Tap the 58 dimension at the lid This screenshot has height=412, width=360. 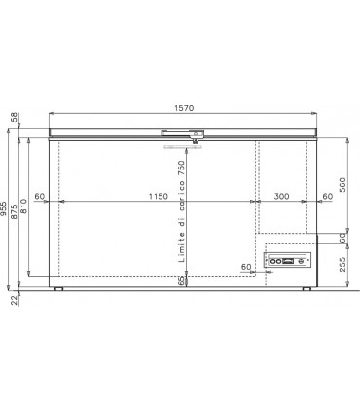(x=14, y=118)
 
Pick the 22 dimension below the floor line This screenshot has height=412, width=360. (x=14, y=301)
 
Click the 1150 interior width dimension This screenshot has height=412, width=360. (x=157, y=197)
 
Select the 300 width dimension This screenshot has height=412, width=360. (x=281, y=197)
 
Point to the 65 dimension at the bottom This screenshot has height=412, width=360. (x=182, y=281)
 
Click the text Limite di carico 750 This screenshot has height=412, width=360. (x=182, y=208)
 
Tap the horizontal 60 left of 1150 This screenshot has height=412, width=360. (x=39, y=197)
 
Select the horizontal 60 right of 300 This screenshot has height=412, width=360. (x=327, y=197)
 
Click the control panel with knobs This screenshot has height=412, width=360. (x=291, y=260)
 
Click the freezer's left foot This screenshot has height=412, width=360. (x=58, y=289)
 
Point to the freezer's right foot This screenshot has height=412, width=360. (x=306, y=289)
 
